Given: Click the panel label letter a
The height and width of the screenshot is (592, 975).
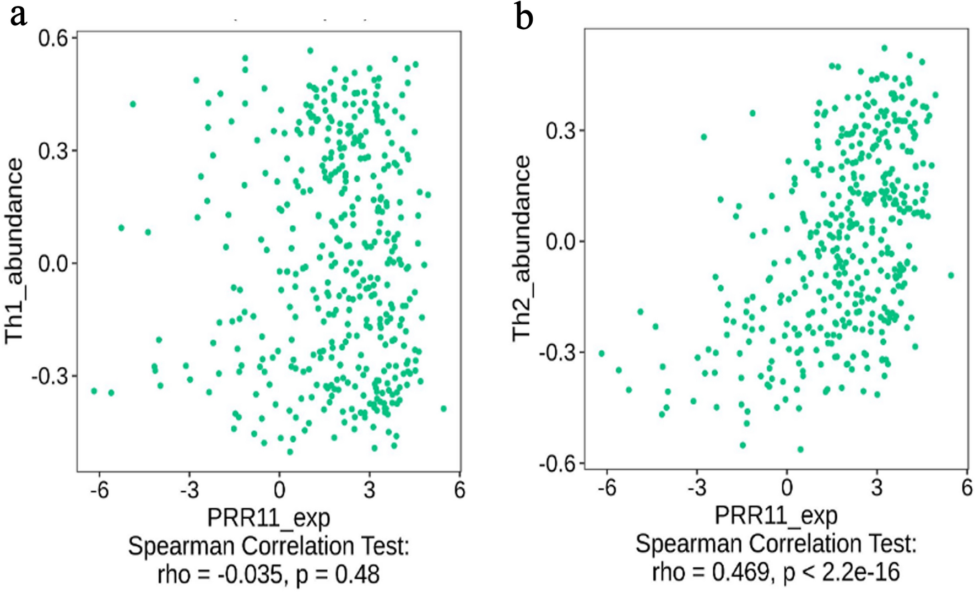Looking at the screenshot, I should pyautogui.click(x=18, y=15).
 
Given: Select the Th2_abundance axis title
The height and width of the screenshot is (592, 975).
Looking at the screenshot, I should pyautogui.click(x=521, y=248).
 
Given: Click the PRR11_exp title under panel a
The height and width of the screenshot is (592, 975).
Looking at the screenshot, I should pyautogui.click(x=268, y=518).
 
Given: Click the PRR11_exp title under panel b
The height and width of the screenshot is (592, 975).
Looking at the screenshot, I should pyautogui.click(x=776, y=515).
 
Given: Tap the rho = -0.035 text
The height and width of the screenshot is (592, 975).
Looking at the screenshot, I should pyautogui.click(x=220, y=574).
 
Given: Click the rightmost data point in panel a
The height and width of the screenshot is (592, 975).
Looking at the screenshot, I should pyautogui.click(x=443, y=409).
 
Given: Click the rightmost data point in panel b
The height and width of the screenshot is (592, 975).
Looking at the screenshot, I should pyautogui.click(x=951, y=275).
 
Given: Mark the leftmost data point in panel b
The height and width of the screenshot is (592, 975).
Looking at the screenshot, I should pyautogui.click(x=602, y=354).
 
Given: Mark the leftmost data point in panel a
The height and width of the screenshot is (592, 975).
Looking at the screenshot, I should pyautogui.click(x=94, y=391).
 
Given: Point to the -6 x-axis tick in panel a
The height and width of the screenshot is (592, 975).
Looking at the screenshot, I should pyautogui.click(x=99, y=490).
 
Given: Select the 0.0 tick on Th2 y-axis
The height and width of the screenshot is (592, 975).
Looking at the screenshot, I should pyautogui.click(x=560, y=242).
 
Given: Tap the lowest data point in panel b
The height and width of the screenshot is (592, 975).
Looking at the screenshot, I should pyautogui.click(x=800, y=449).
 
